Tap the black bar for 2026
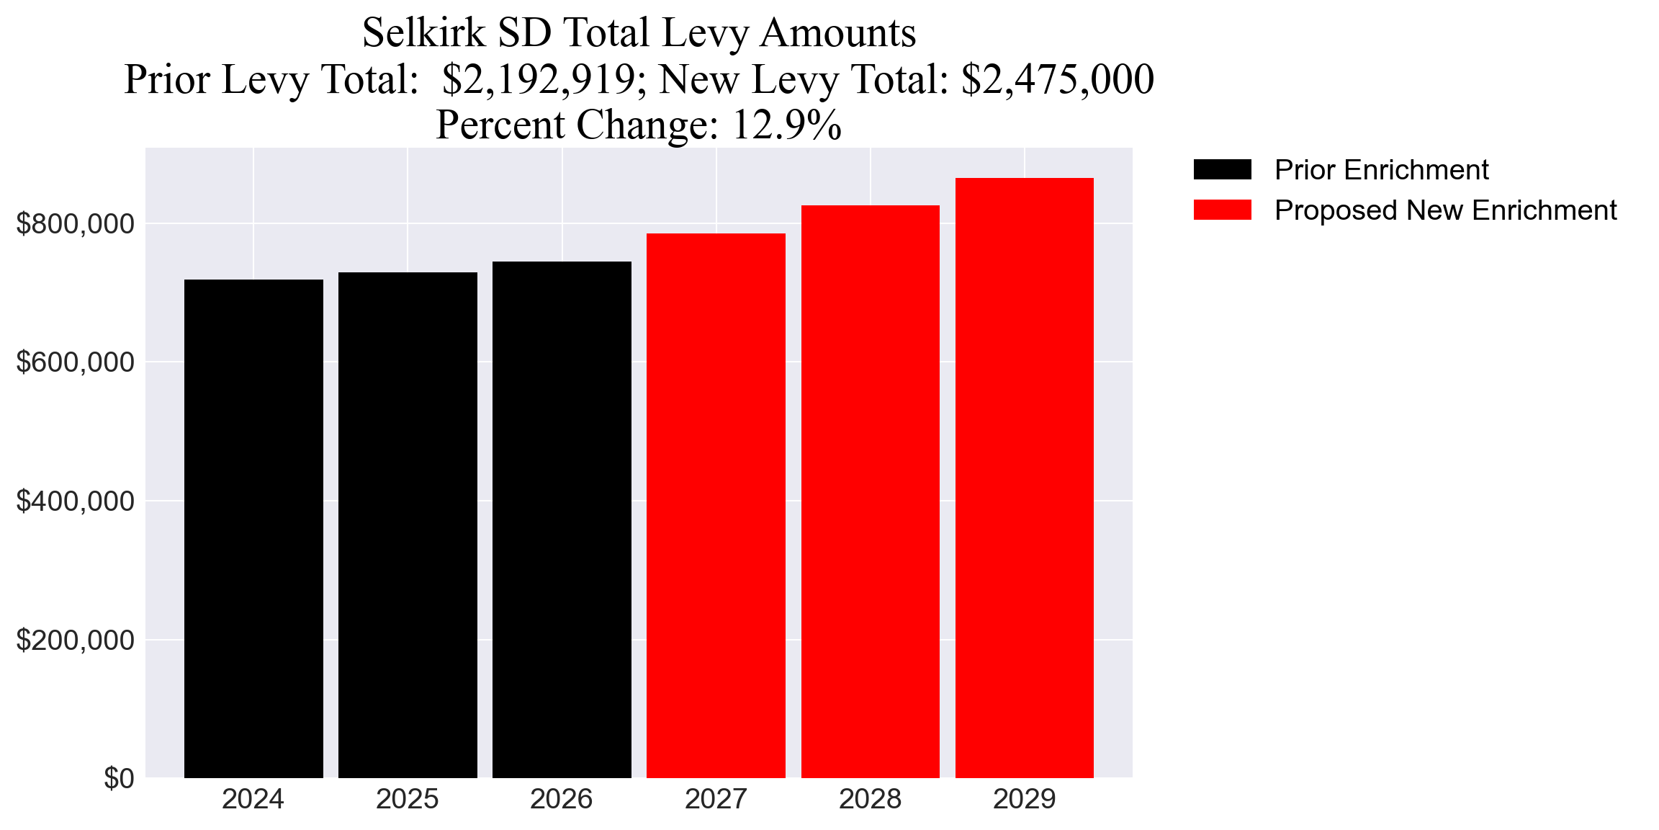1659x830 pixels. (x=562, y=519)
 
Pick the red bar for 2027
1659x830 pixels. (x=716, y=505)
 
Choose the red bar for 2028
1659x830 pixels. (x=870, y=491)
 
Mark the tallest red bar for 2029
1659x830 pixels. (x=1024, y=478)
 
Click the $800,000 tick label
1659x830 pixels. (x=75, y=224)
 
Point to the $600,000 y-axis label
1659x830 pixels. (x=75, y=362)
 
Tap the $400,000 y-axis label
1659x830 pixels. (x=75, y=501)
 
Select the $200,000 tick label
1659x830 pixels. (x=75, y=640)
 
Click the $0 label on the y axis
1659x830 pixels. (x=119, y=779)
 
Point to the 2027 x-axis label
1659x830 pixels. (x=716, y=800)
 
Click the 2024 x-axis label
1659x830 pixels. (x=253, y=800)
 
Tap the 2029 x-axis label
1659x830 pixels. (x=1024, y=800)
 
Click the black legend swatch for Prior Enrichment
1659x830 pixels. (x=1222, y=170)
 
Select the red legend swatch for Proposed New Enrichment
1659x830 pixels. (x=1222, y=210)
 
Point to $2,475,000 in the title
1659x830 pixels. (x=1057, y=79)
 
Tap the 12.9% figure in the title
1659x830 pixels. (x=786, y=125)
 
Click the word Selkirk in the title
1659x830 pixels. (x=423, y=33)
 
